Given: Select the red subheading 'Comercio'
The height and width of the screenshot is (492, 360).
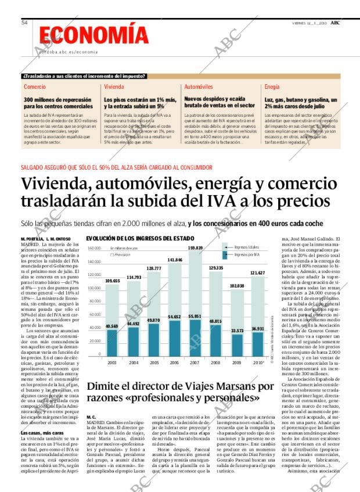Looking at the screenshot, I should [35, 87].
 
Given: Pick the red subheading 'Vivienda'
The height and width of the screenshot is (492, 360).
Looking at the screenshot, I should [114, 87].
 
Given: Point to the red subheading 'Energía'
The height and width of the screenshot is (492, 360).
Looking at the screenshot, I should [272, 87].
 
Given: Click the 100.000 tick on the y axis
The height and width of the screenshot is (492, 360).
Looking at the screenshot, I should [93, 288].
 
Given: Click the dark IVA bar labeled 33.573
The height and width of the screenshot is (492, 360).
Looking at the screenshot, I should [237, 344].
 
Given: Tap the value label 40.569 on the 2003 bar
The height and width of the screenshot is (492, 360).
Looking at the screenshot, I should [111, 326].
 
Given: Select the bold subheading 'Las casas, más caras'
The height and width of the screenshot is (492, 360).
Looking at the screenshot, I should [42, 433].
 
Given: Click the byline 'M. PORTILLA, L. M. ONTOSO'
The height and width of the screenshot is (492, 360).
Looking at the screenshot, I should [46, 239].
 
